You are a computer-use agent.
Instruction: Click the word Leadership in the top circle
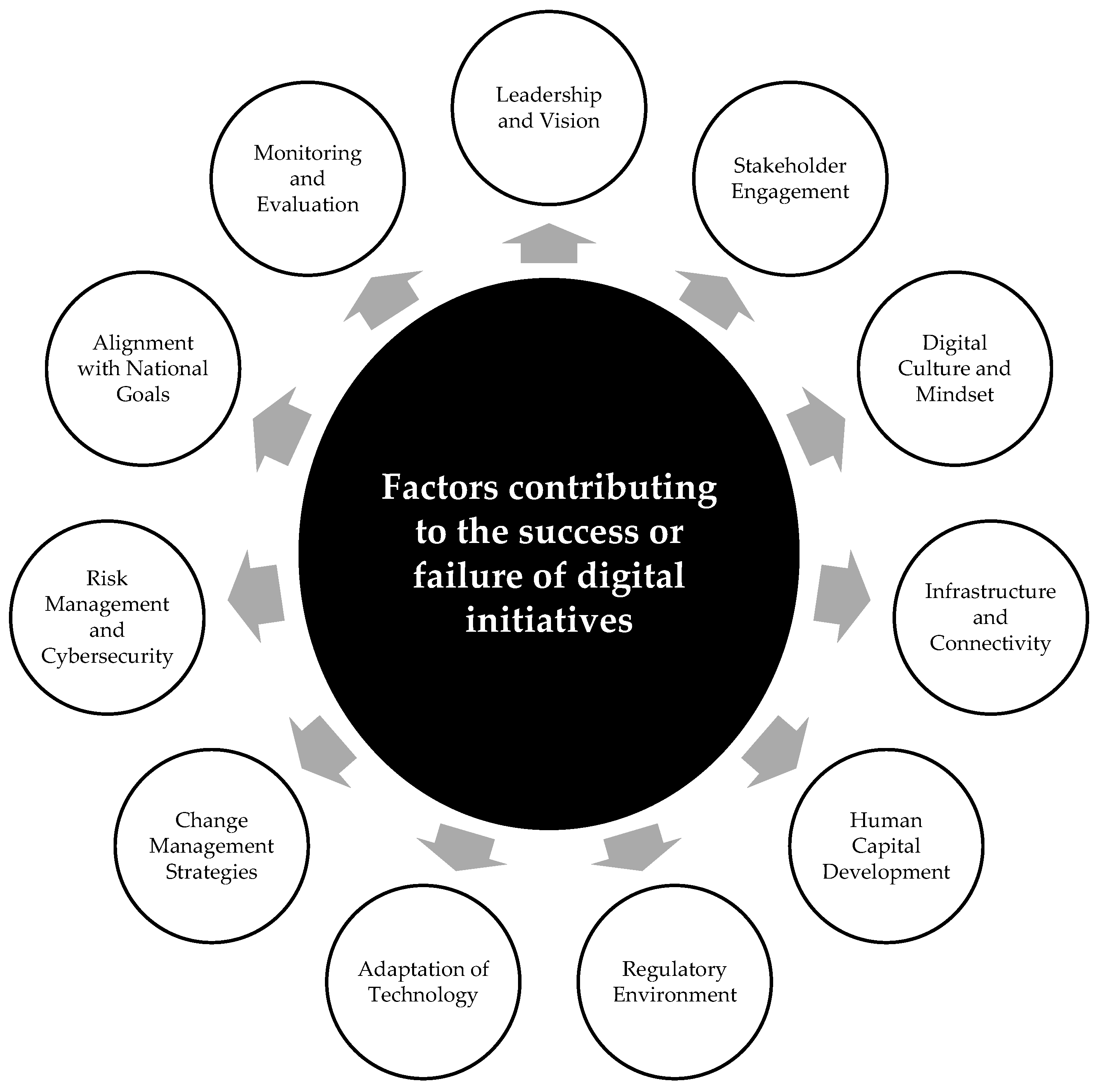[x=548, y=95]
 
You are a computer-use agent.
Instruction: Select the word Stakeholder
[x=790, y=165]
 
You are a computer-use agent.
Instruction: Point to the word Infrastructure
[x=990, y=591]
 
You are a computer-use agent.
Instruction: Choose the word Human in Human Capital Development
[x=886, y=820]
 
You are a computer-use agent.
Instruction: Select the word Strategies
[x=211, y=872]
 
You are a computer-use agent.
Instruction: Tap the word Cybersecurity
[x=107, y=656]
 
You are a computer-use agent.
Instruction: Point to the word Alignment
[x=143, y=343]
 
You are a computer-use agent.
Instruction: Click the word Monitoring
[x=307, y=153]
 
